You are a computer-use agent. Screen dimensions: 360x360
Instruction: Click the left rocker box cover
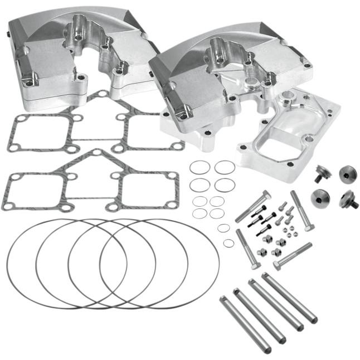(78, 61)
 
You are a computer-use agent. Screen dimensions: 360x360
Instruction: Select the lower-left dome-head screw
(320, 198)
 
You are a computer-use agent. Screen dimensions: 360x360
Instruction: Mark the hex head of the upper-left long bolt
(266, 196)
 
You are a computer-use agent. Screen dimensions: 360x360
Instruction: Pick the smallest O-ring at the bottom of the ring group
(228, 242)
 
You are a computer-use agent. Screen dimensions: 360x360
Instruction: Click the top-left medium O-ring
(200, 167)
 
